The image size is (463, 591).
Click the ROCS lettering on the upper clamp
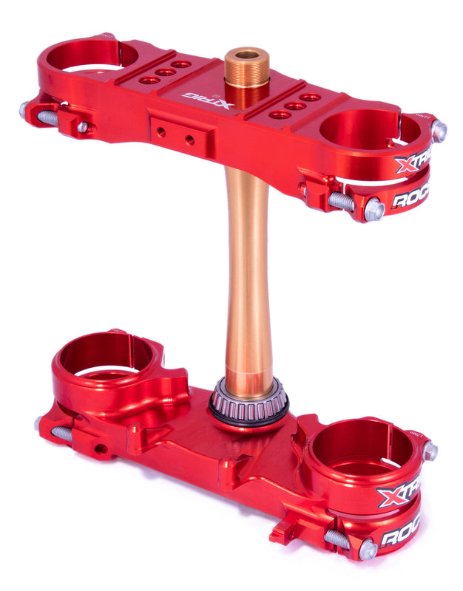(411, 197)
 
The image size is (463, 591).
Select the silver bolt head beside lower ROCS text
(368, 548)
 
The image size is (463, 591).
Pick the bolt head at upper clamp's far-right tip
(439, 131)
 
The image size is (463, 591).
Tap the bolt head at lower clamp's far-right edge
(430, 451)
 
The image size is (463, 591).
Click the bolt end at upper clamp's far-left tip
(24, 110)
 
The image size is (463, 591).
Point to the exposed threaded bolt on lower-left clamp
(59, 433)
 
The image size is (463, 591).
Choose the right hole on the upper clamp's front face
(190, 140)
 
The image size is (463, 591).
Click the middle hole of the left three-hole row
(166, 72)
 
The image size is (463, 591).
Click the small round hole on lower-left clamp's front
(98, 448)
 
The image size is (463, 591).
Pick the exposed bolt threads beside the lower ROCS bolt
(338, 539)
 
